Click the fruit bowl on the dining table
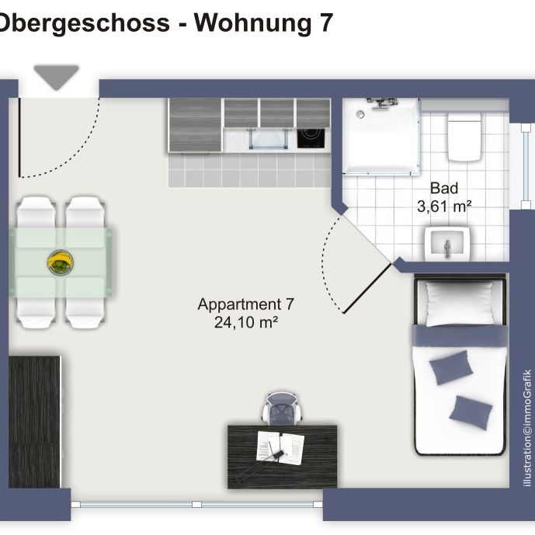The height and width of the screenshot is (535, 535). click(59, 263)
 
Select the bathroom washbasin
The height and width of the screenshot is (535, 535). click(446, 245)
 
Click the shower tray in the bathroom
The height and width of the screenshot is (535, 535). click(380, 136)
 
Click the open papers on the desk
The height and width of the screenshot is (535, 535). click(280, 447)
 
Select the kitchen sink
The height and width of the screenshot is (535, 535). click(265, 140)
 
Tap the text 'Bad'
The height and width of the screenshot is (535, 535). click(444, 188)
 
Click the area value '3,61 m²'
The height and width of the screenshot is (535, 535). click(445, 206)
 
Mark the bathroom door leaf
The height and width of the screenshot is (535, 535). click(367, 287)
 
